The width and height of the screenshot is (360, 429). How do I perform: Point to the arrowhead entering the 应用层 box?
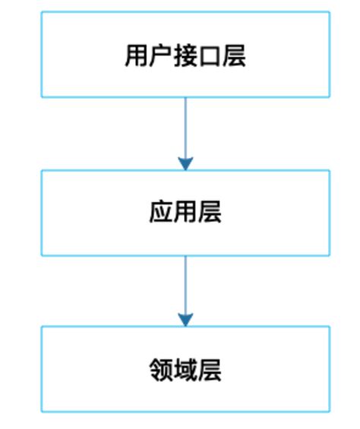[x=185, y=162]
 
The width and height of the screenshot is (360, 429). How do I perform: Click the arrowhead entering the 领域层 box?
[x=185, y=320]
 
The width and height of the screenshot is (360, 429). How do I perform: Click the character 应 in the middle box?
[x=161, y=213]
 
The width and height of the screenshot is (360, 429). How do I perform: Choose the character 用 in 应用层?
[x=185, y=213]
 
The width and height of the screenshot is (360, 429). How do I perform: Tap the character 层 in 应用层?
[x=210, y=213]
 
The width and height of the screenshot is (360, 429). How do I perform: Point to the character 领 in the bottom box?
[x=161, y=370]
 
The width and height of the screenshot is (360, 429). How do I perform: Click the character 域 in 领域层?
[x=185, y=370]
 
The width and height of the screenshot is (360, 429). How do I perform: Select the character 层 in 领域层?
[x=210, y=370]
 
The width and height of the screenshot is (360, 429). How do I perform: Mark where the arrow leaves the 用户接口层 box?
[x=185, y=99]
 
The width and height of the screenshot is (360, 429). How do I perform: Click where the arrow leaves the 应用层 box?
[x=185, y=257]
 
